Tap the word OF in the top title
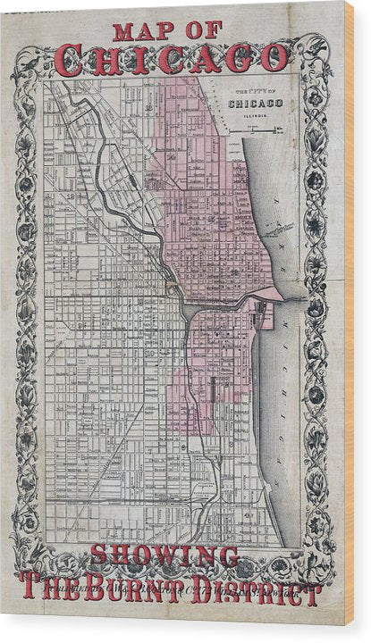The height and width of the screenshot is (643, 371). [x=206, y=30]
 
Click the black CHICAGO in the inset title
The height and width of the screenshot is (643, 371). [x=256, y=104]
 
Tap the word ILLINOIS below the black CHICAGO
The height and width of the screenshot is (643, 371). [x=256, y=114]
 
